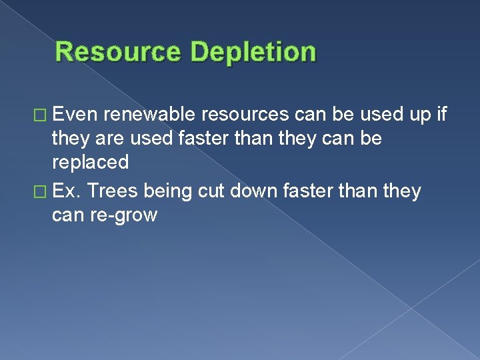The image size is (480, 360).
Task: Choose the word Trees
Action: pyautogui.click(x=112, y=192)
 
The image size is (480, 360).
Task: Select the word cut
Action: pyautogui.click(x=210, y=192)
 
